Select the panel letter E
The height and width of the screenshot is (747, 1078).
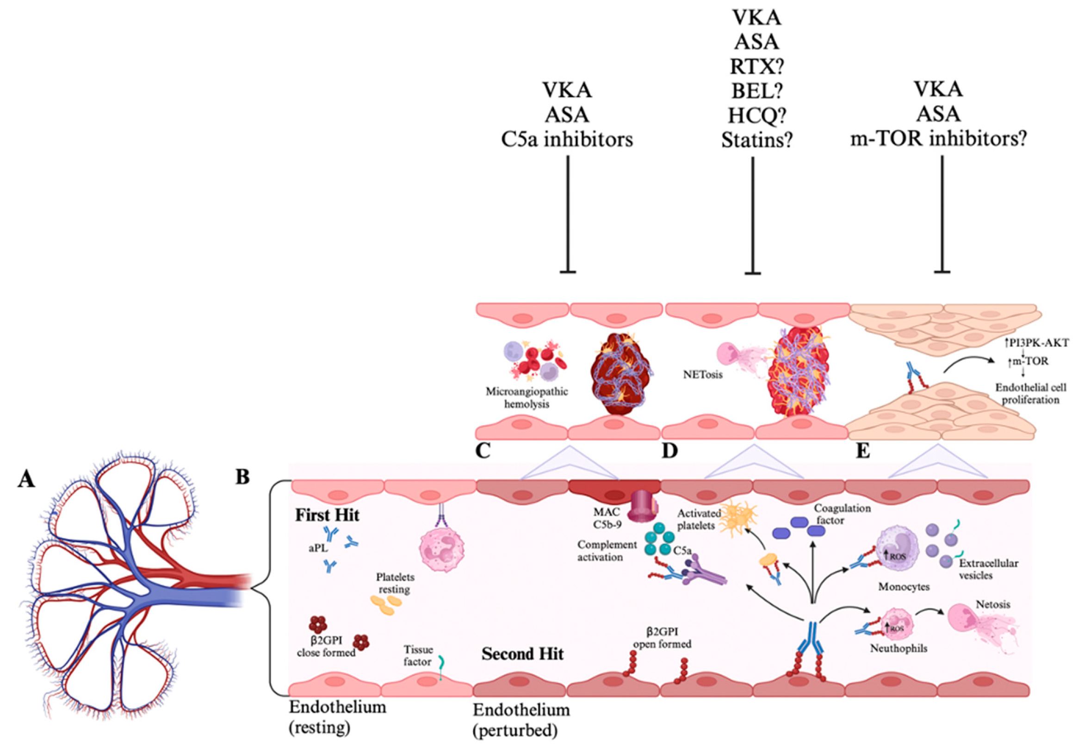click(x=863, y=451)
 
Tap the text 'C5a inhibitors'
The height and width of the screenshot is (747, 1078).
click(x=567, y=140)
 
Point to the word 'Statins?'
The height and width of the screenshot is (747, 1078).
click(x=757, y=140)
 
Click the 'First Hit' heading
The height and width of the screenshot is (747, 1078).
click(x=327, y=515)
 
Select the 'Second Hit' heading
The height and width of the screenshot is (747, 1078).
click(x=522, y=654)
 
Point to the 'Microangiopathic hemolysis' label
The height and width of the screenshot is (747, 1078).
click(x=527, y=397)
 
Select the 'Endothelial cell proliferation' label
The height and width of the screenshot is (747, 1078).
click(x=1031, y=394)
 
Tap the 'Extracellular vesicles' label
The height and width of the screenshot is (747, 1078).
click(x=988, y=569)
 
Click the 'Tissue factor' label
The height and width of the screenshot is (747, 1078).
click(x=418, y=655)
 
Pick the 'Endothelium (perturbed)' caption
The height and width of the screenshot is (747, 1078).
click(x=521, y=720)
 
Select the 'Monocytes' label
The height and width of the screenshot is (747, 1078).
click(x=904, y=587)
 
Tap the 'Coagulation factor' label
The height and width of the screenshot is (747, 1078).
click(x=842, y=514)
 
